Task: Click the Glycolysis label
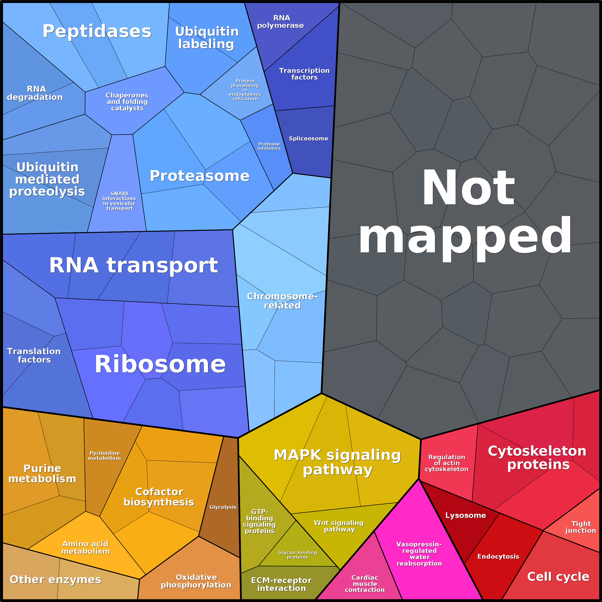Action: (223, 507)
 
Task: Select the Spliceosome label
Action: (308, 138)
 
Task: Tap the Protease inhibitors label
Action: (269, 146)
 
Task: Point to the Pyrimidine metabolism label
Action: (104, 456)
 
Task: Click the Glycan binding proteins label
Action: (298, 555)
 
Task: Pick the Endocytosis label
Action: (498, 556)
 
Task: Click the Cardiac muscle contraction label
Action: (365, 584)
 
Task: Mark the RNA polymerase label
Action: (280, 22)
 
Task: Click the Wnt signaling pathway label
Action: (339, 526)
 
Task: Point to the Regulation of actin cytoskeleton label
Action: (446, 463)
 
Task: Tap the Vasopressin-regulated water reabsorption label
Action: (419, 554)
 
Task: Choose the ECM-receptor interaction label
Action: (281, 584)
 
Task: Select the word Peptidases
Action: (97, 31)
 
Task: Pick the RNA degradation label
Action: (35, 93)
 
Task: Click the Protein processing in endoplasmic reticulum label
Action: (245, 90)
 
